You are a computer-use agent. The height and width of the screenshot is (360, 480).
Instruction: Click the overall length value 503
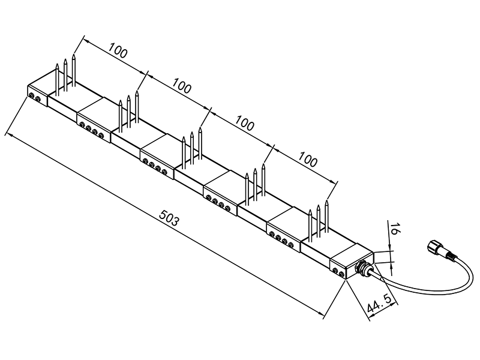coord(169,218)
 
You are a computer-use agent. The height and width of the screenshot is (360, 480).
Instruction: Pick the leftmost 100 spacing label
coord(118,51)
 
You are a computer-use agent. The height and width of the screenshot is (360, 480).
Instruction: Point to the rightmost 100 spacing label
coord(308,160)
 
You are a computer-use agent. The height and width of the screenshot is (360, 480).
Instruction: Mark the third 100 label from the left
coord(245,123)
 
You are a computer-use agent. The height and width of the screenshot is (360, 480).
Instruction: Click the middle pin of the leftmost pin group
coord(65,75)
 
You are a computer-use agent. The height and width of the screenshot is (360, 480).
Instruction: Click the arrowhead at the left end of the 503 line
coord(9,136)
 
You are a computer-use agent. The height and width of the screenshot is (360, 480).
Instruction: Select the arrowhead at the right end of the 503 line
coord(321,313)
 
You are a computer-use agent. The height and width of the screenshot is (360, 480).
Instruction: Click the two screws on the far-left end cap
coord(35,97)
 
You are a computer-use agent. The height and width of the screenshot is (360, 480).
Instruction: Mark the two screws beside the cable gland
coord(338,272)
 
